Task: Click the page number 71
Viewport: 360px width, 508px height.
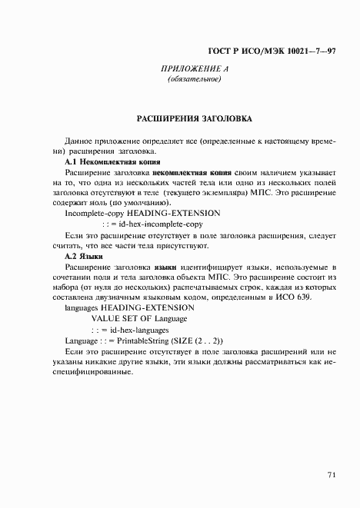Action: coord(331,474)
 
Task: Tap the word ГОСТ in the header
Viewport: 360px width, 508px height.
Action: coord(221,51)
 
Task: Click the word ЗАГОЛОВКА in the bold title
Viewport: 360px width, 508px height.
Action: coord(222,120)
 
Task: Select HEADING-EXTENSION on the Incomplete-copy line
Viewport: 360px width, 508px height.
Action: coord(173,213)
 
